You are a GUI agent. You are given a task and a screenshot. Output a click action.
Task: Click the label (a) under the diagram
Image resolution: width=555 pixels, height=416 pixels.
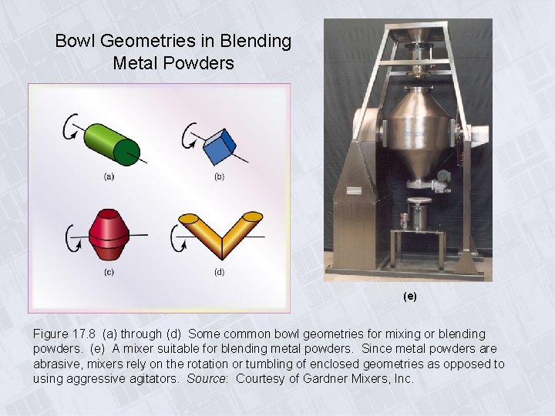(x=109, y=176)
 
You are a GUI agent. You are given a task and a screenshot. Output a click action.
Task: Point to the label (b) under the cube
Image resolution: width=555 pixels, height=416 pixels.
(x=220, y=177)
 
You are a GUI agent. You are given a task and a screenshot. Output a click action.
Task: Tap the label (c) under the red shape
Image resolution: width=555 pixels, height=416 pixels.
(x=109, y=272)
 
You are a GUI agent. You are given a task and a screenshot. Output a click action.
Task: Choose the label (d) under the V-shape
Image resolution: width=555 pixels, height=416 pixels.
(x=220, y=272)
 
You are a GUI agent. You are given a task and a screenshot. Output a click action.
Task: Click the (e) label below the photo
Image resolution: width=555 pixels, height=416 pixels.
(x=409, y=296)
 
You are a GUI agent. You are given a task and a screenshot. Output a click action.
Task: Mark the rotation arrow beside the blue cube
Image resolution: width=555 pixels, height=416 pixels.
(x=187, y=136)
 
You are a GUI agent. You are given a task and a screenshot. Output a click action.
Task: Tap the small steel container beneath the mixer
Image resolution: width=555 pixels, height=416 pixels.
(x=419, y=213)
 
